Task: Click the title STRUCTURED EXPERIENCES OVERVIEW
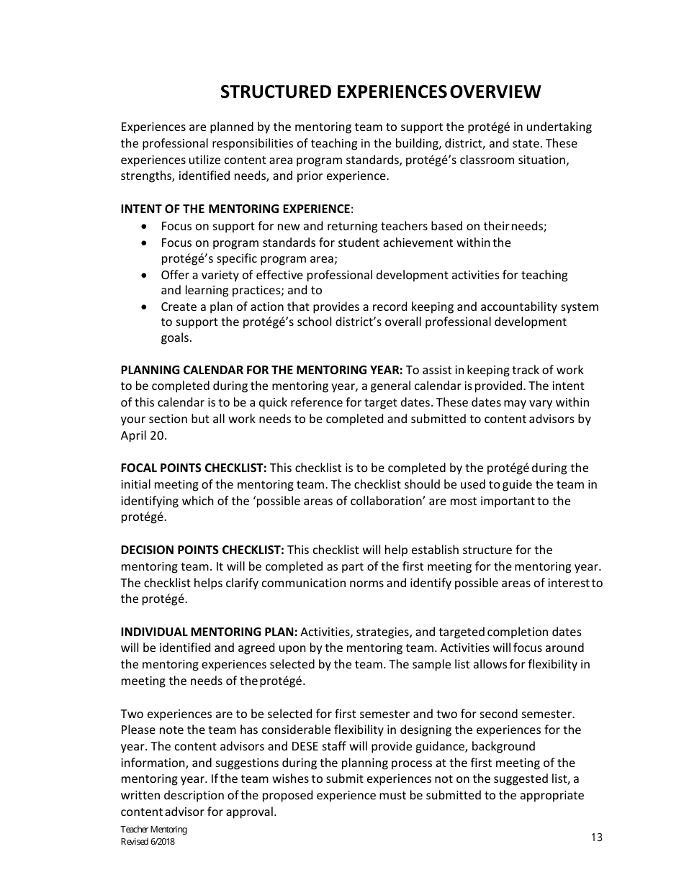pyautogui.click(x=380, y=92)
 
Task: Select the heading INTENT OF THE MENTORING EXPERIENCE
pyautogui.click(x=235, y=209)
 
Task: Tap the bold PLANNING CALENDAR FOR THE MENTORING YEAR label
pyautogui.click(x=261, y=371)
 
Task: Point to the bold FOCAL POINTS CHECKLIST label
pyautogui.click(x=194, y=468)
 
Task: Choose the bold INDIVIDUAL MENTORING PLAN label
pyautogui.click(x=209, y=632)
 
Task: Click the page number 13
pyautogui.click(x=596, y=838)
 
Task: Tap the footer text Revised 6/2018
pyautogui.click(x=148, y=842)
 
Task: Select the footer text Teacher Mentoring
pyautogui.click(x=153, y=830)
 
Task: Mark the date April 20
pyautogui.click(x=143, y=436)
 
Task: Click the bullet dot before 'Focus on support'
pyautogui.click(x=145, y=227)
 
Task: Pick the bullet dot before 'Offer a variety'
pyautogui.click(x=145, y=276)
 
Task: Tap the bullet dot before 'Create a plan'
pyautogui.click(x=145, y=307)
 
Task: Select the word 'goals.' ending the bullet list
pyautogui.click(x=176, y=338)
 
